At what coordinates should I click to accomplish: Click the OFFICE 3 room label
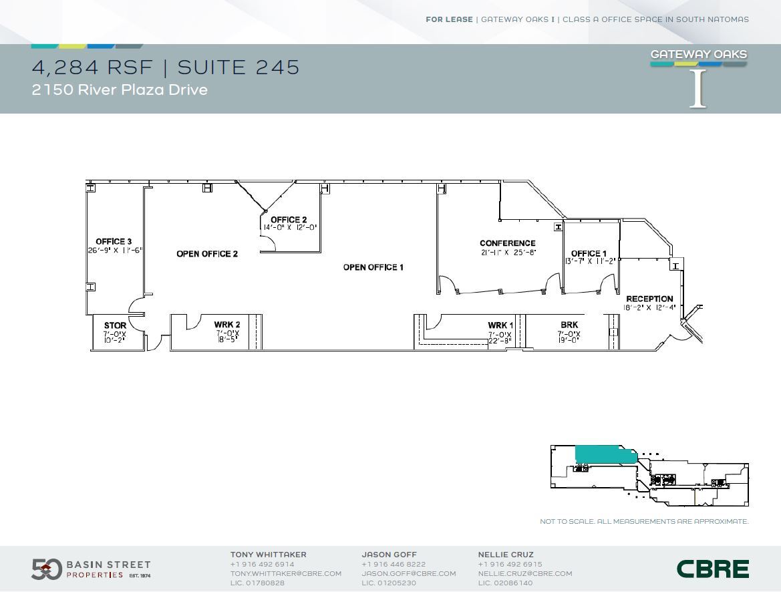(114, 241)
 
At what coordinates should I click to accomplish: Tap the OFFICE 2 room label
(289, 220)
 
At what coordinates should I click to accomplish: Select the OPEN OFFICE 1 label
(373, 267)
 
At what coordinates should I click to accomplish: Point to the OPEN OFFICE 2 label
(207, 254)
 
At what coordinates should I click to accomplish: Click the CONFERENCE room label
(508, 243)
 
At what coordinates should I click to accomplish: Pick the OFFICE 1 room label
(589, 253)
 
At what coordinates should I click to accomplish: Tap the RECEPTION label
(649, 299)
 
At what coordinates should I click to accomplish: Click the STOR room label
(115, 325)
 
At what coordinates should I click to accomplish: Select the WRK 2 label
(227, 325)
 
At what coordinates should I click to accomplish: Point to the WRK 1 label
(500, 325)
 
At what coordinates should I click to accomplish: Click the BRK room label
(569, 325)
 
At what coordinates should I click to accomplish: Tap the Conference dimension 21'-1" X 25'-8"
(508, 253)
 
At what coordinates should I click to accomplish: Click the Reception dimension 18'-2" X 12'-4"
(650, 308)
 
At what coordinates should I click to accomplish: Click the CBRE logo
(712, 569)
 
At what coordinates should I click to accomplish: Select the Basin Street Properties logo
(91, 569)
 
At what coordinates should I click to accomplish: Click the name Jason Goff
(389, 555)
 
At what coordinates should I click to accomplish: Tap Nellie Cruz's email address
(525, 573)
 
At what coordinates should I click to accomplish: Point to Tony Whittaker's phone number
(262, 564)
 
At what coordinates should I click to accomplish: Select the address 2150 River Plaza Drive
(120, 90)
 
